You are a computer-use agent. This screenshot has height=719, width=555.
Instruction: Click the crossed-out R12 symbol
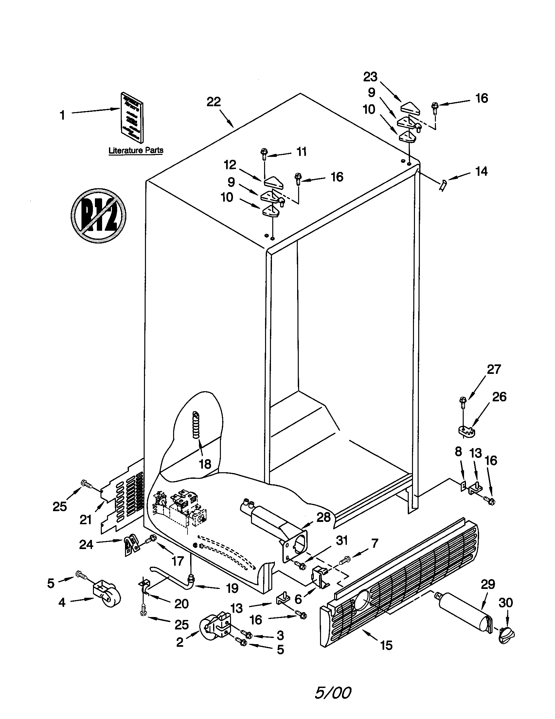tap(98, 216)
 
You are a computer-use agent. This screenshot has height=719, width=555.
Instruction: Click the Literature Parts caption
tap(136, 150)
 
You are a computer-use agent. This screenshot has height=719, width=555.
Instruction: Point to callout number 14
tap(481, 172)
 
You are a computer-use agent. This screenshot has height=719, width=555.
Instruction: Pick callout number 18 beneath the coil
tap(205, 464)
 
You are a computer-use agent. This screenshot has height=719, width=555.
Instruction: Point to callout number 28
tap(323, 517)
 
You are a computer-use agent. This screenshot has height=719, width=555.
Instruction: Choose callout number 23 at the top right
tap(370, 77)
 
